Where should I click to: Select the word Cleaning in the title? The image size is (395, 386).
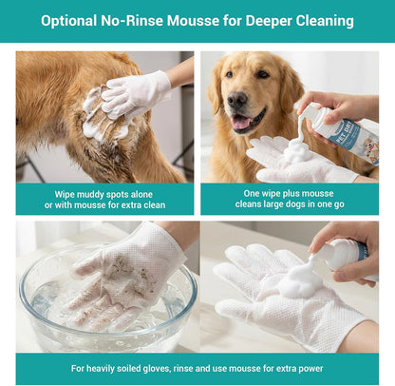pos(319,20)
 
